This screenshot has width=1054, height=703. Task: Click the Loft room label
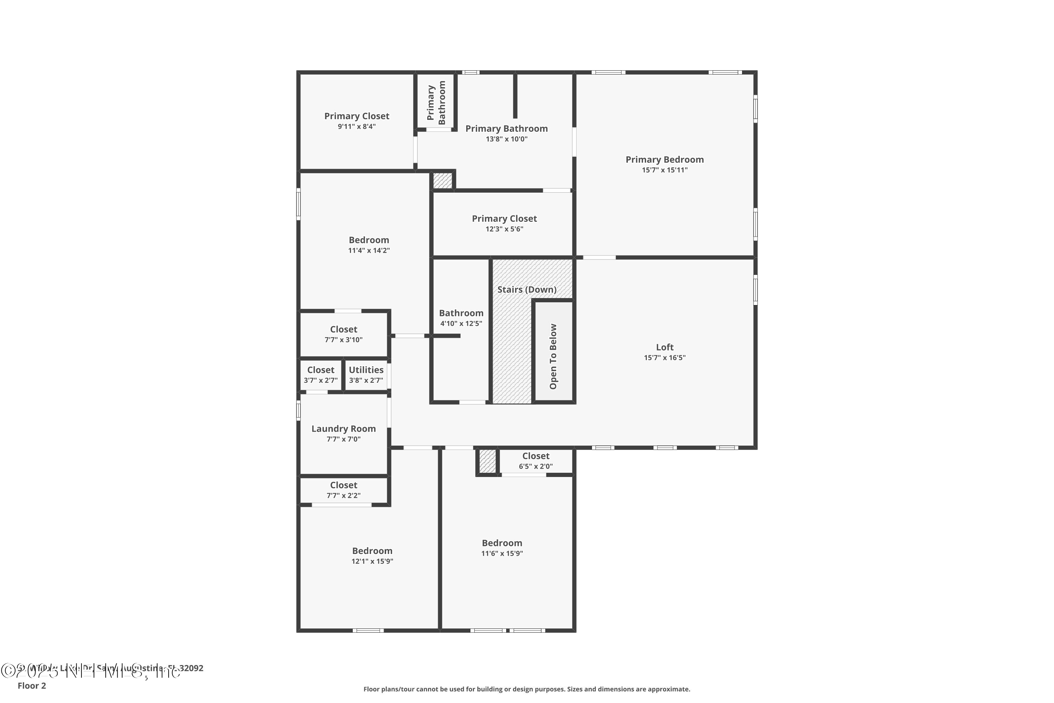coord(665,347)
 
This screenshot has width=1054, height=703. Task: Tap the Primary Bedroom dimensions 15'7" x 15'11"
coord(665,170)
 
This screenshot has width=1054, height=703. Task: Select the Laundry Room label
coord(343,428)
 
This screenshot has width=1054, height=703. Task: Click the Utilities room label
coord(366,370)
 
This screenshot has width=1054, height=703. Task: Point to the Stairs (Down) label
coord(527,290)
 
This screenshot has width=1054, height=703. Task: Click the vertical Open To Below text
coord(553,356)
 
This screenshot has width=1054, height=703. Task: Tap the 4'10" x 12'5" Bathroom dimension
coord(461,324)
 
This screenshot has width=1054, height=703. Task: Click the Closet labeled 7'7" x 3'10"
coord(343,330)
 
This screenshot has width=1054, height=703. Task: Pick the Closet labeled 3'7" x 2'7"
coord(320,370)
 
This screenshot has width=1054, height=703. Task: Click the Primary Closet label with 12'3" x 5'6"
coord(504,219)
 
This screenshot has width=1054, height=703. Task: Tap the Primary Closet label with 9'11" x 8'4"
coord(357,116)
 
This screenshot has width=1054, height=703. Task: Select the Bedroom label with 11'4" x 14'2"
coord(369,240)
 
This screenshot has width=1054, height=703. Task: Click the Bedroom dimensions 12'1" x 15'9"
coord(372,561)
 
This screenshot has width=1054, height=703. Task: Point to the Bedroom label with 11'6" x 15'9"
coord(502,543)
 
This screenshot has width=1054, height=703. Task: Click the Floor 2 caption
coord(32,685)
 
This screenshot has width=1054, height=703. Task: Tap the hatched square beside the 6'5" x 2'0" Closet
coord(488,461)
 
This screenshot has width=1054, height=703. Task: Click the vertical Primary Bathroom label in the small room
coord(436,103)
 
